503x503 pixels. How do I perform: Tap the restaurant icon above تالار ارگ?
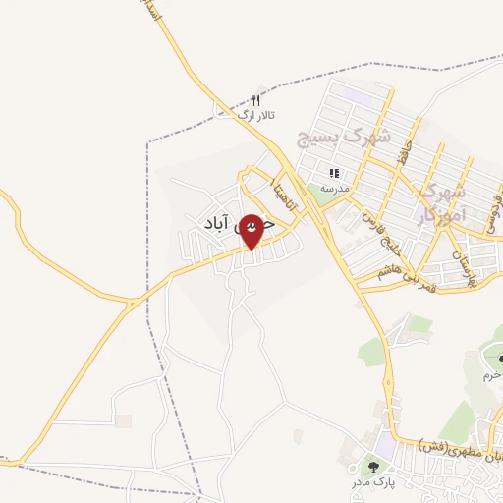[256, 100]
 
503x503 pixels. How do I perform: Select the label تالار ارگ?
[259, 116]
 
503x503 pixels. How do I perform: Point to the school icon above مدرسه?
[335, 173]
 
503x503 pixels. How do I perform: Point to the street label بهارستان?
[464, 265]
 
